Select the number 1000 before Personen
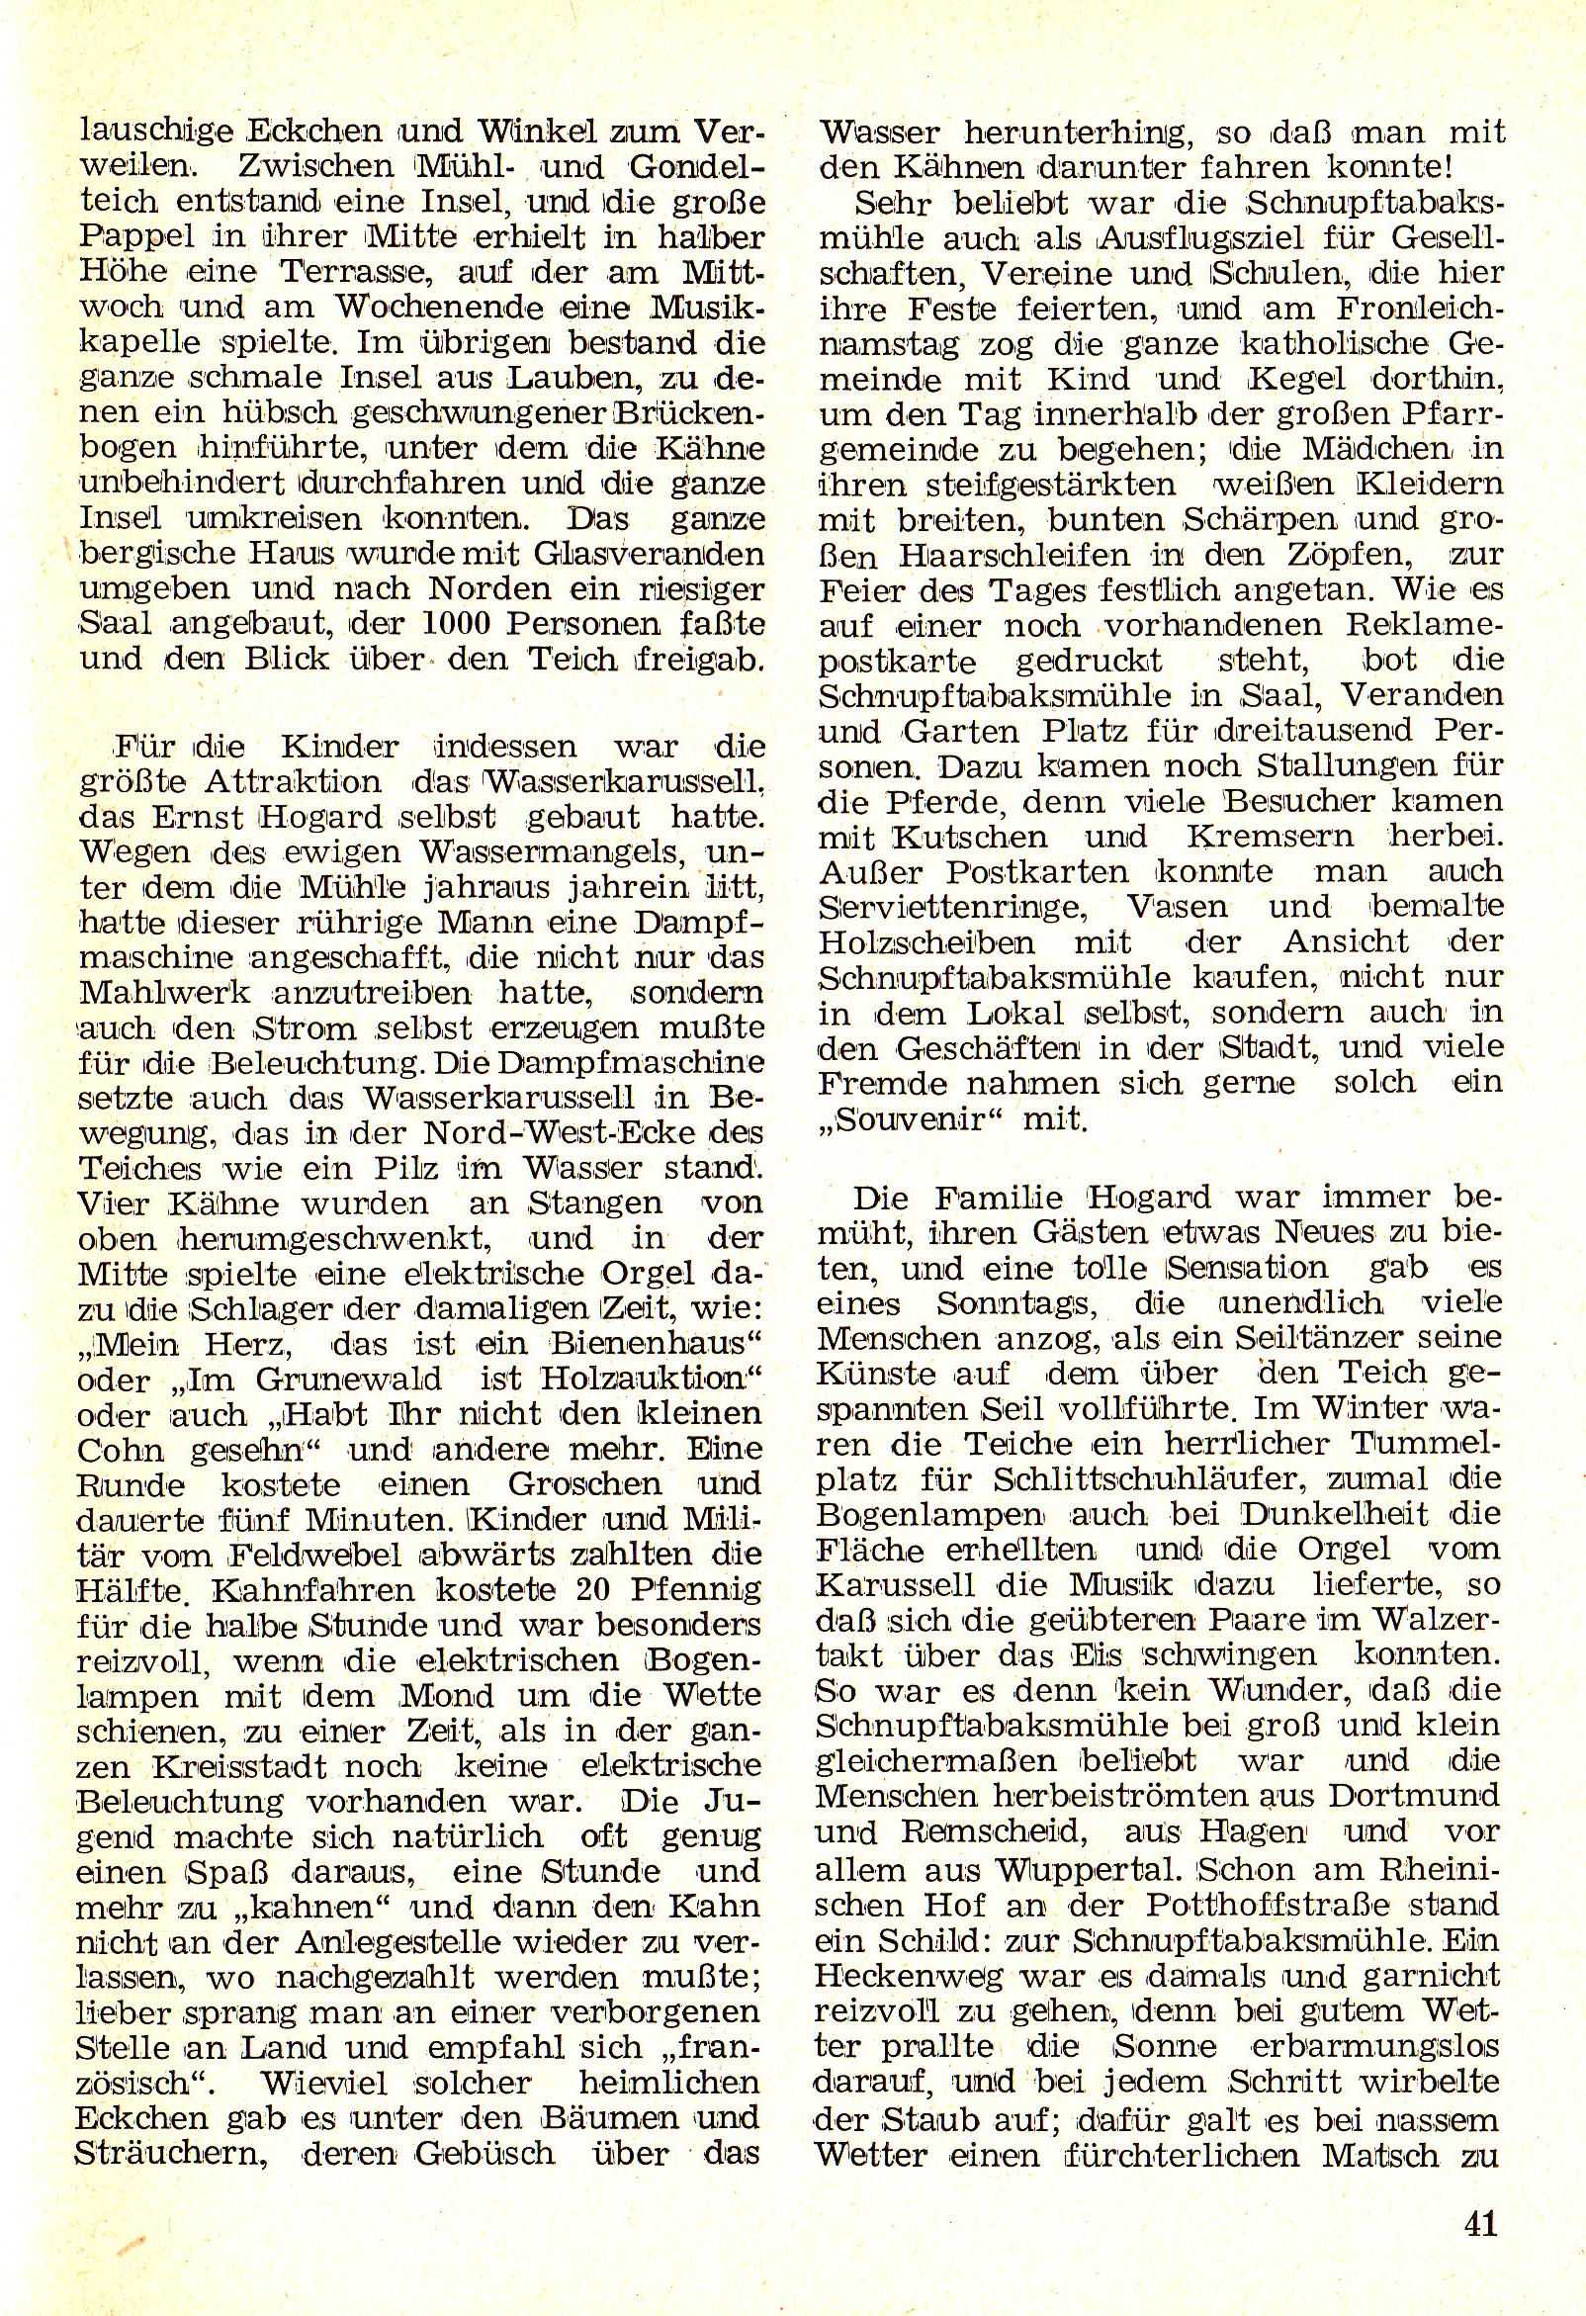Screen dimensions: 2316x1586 point(452,625)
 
